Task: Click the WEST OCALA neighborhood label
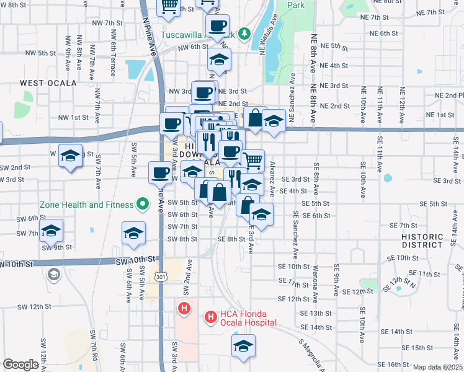pos(48,82)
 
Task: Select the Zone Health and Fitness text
pos(86,205)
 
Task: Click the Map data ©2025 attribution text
pos(437,367)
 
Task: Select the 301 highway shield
pos(161,276)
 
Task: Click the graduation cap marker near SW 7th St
pos(51,231)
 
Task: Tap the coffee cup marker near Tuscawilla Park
pos(217,25)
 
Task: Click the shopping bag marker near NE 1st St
pos(254,117)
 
